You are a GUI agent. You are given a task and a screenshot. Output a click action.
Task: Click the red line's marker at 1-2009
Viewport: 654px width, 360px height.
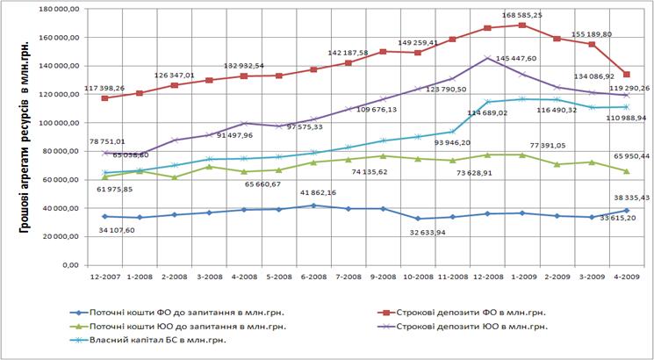coord(522,25)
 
